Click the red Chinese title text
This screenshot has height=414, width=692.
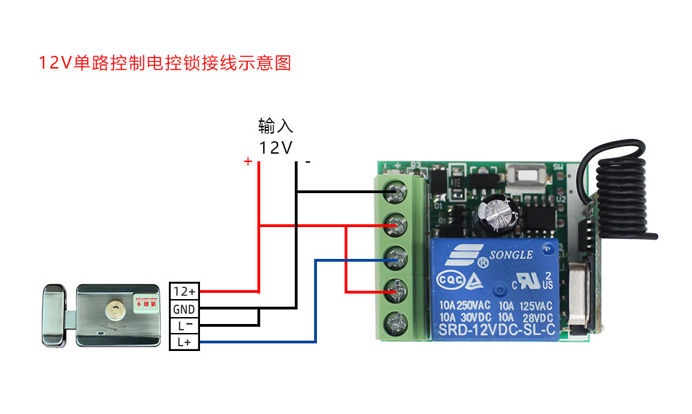[165, 63]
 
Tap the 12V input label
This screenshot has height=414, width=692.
[275, 147]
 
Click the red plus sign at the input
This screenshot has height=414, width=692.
[248, 161]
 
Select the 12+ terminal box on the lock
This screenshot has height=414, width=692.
[185, 291]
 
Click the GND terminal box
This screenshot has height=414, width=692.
[185, 308]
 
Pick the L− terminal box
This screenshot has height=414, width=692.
[185, 325]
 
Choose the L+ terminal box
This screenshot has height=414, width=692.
[185, 341]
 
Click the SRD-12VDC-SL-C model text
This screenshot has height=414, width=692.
[497, 330]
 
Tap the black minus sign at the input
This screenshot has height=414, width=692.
[308, 163]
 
